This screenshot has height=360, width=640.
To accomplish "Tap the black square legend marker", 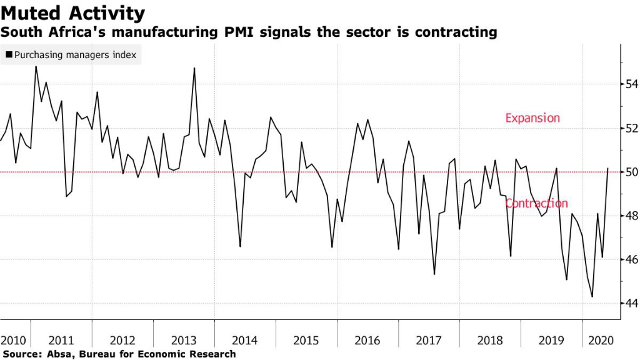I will (x=9, y=55).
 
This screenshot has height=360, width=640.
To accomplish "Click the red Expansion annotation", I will (x=532, y=118).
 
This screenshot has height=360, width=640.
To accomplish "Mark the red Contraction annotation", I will (x=536, y=203).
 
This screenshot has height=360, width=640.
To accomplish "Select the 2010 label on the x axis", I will (x=14, y=341).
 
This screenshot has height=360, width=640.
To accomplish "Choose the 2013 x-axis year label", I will (x=184, y=341).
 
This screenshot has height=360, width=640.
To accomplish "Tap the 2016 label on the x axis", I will (x=367, y=341).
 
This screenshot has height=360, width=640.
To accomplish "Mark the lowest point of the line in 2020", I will (x=592, y=297).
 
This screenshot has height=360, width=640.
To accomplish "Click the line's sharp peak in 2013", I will (x=194, y=68).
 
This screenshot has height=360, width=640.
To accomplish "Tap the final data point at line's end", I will (x=608, y=168).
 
